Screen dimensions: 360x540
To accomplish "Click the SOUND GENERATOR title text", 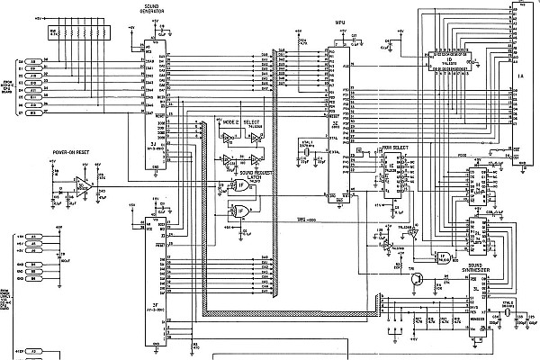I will pyautogui.click(x=151, y=6).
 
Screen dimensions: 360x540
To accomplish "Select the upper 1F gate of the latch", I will pyautogui.click(x=238, y=187).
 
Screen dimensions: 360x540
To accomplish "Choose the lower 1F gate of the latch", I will pyautogui.click(x=238, y=211).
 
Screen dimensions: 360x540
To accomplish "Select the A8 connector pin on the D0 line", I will pyautogui.click(x=31, y=62).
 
